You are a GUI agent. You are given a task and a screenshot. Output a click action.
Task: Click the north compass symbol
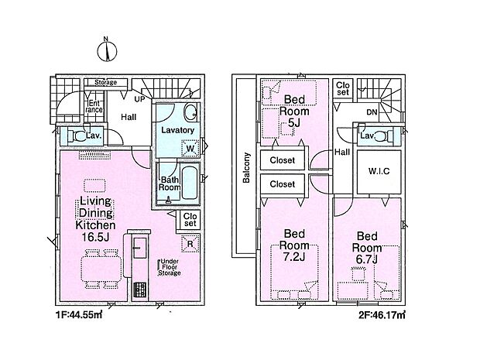[x=107, y=50]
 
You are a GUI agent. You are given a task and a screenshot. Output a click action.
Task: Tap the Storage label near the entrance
[x=105, y=82]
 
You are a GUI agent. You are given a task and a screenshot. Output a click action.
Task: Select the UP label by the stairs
[x=139, y=99]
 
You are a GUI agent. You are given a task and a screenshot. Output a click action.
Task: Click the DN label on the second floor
[x=372, y=112]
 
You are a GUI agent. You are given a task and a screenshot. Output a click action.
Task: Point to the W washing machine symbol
[x=190, y=149]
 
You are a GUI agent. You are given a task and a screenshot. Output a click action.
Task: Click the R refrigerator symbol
[x=190, y=244]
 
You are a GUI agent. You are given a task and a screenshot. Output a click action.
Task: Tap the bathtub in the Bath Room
[x=190, y=183]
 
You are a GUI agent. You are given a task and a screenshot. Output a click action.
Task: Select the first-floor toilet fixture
[x=77, y=135]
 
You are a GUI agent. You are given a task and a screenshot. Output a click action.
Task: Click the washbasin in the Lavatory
[x=190, y=112]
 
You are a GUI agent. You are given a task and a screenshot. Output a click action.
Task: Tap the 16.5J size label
[x=95, y=237]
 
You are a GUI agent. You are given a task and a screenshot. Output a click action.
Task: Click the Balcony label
[x=246, y=168]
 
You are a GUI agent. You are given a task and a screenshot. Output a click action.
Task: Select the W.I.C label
[x=379, y=171]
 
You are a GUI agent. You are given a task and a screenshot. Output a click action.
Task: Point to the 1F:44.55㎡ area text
[x=79, y=314]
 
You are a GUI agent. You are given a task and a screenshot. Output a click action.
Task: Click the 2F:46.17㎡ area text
[x=382, y=314]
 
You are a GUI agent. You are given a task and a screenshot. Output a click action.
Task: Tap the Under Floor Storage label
[x=170, y=267]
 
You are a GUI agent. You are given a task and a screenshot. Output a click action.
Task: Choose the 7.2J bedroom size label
[x=294, y=257]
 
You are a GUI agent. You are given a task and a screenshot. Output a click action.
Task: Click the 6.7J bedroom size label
[x=366, y=259]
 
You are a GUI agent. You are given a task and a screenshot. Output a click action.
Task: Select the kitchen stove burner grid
[x=139, y=290]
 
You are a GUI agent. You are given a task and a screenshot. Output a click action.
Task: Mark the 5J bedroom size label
[x=294, y=122]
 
